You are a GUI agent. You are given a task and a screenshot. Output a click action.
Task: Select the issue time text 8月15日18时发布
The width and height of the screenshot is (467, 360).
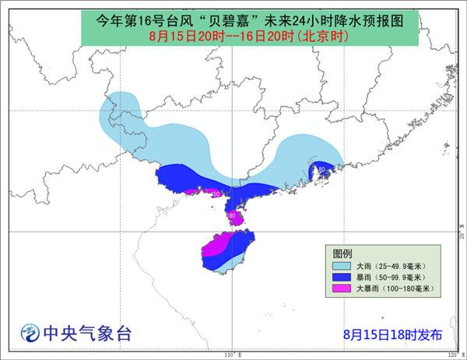pyautogui.click(x=392, y=334)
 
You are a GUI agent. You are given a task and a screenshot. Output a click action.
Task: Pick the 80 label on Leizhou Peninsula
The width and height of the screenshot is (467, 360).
pyautogui.click(x=231, y=215)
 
